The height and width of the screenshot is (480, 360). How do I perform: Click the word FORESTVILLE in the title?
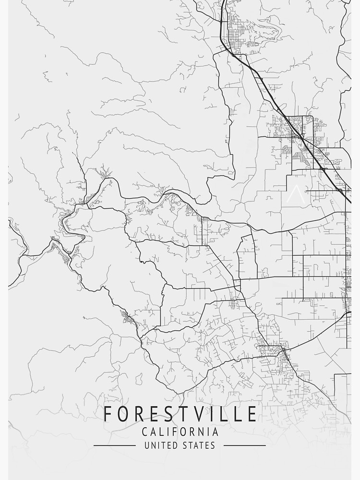point(180,414)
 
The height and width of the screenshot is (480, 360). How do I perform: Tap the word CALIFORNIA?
point(180,432)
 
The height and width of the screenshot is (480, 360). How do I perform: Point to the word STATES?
point(199,445)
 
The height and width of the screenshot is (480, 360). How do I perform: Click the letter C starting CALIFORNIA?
point(145,432)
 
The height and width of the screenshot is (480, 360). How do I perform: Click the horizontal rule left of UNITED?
point(114,445)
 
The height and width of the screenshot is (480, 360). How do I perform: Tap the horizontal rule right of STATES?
point(244,445)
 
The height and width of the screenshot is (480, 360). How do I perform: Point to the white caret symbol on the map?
point(294,194)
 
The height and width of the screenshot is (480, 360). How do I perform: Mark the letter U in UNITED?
point(147,445)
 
